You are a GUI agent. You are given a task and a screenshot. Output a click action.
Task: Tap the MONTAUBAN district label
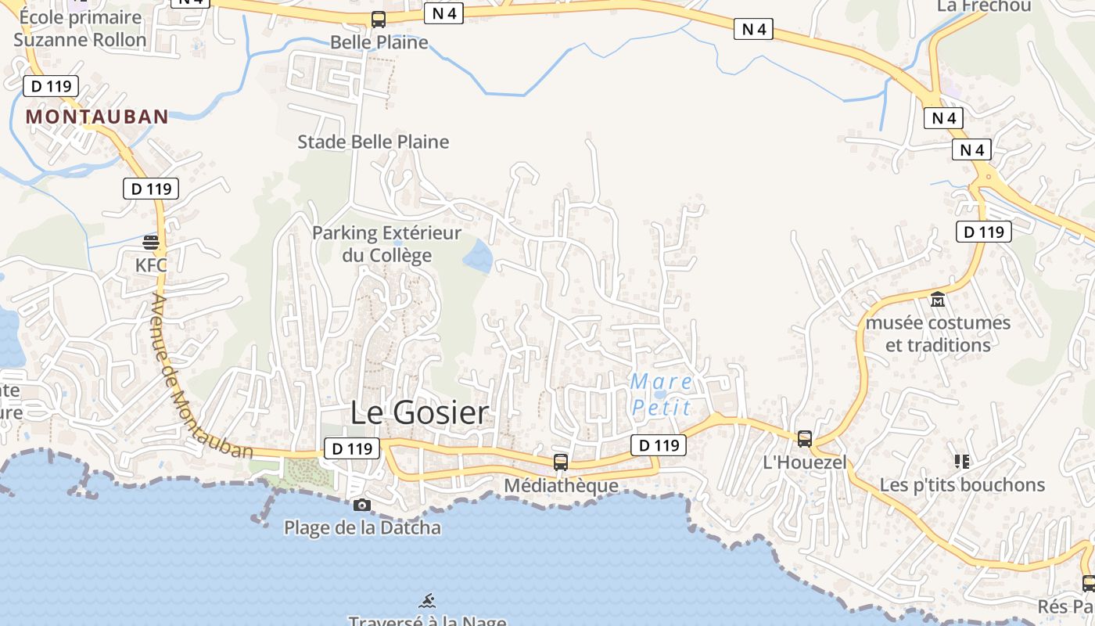point(97,117)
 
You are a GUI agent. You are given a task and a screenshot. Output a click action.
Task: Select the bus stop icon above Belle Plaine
point(379,20)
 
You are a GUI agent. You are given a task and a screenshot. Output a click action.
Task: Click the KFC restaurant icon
point(151,242)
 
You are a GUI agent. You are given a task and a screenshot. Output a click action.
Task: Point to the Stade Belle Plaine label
point(373,142)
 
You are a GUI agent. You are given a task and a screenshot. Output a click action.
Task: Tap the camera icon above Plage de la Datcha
point(361,505)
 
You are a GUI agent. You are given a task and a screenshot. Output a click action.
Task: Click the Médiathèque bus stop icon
point(561,462)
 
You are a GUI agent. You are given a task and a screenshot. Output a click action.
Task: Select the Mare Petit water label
point(662,394)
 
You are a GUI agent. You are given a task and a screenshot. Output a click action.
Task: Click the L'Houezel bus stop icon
point(805,439)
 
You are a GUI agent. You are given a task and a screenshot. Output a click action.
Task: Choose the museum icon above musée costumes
point(937,299)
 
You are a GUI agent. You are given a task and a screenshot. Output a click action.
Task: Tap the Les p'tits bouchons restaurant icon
point(962,462)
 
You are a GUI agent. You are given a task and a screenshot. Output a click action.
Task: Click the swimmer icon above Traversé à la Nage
point(427,601)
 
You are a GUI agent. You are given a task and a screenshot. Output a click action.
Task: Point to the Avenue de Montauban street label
point(202,376)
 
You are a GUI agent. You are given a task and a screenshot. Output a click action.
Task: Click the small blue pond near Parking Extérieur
point(478,256)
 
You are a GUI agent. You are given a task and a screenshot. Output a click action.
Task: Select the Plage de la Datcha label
point(362,527)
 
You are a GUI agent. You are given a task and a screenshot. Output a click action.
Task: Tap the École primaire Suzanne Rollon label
point(79,28)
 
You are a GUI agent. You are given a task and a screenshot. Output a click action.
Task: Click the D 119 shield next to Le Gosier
point(352,448)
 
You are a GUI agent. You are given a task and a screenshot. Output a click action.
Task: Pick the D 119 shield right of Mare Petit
point(659,445)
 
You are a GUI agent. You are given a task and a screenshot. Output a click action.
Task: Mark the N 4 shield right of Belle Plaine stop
point(444,13)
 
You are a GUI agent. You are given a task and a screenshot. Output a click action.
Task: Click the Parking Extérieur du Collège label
point(386,243)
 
